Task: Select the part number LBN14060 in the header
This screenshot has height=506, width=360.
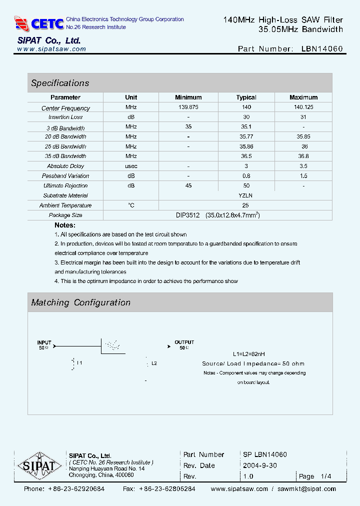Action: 322,49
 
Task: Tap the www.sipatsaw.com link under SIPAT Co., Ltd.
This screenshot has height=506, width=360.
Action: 51,49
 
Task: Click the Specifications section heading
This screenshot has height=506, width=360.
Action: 60,83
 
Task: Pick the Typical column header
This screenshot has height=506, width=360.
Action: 246,97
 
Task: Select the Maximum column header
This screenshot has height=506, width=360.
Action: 303,97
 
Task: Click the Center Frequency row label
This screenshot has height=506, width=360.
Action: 65,108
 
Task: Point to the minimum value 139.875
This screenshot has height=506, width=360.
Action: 188,107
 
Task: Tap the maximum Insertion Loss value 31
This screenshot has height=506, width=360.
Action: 304,117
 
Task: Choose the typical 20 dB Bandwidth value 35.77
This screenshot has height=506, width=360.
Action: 246,136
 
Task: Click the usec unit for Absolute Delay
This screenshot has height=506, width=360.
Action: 131,166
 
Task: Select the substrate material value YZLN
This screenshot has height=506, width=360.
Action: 245,195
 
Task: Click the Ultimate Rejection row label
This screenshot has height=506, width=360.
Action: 65,185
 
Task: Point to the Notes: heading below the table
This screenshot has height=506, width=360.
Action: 65,225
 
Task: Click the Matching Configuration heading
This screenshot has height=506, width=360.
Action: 80,302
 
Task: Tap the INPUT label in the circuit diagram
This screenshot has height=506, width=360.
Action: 44,342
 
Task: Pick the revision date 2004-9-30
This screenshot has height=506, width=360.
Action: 260,465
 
